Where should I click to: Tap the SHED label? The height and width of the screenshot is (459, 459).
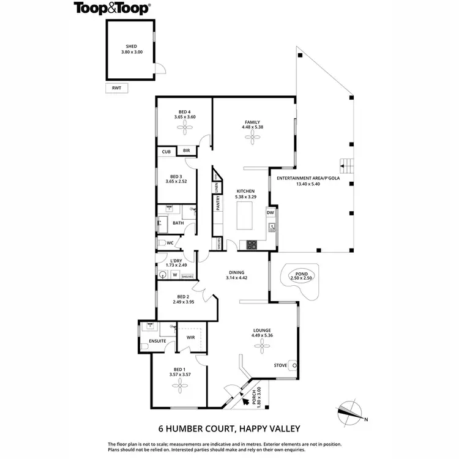click(132, 46)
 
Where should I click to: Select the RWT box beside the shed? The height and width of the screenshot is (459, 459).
click(116, 88)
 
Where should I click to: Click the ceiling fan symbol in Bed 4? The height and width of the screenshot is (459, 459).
click(184, 127)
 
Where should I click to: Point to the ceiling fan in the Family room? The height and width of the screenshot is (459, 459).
click(252, 138)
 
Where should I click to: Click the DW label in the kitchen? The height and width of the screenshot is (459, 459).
click(270, 212)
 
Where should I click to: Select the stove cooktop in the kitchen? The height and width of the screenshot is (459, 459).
click(251, 244)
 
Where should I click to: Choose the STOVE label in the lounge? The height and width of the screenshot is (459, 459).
click(280, 365)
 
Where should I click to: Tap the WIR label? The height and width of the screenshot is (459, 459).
click(190, 336)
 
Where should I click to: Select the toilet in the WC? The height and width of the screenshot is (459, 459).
click(161, 244)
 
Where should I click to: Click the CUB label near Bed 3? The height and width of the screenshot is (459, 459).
click(166, 151)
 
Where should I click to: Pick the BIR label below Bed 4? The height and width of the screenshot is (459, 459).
click(186, 151)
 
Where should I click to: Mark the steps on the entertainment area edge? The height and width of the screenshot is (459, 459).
click(346, 165)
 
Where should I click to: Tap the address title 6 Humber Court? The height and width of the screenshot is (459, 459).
click(229, 428)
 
